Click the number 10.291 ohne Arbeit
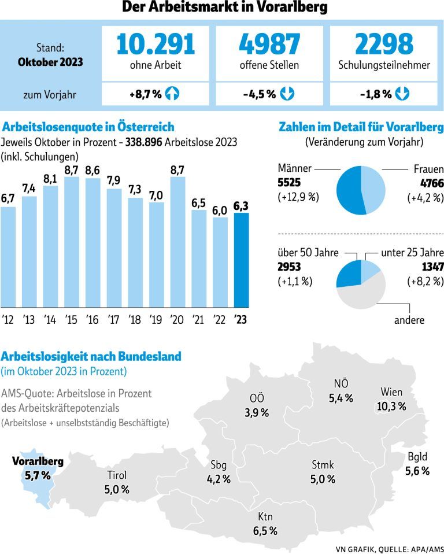click(155, 45)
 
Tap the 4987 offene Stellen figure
click(269, 45)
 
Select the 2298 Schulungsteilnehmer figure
click(384, 45)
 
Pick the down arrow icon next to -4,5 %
click(287, 94)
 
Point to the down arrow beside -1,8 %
click(402, 94)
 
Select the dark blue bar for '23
click(241, 260)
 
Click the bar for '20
click(178, 242)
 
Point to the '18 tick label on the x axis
click(135, 320)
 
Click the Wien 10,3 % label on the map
click(391, 399)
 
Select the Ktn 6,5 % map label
click(265, 523)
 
